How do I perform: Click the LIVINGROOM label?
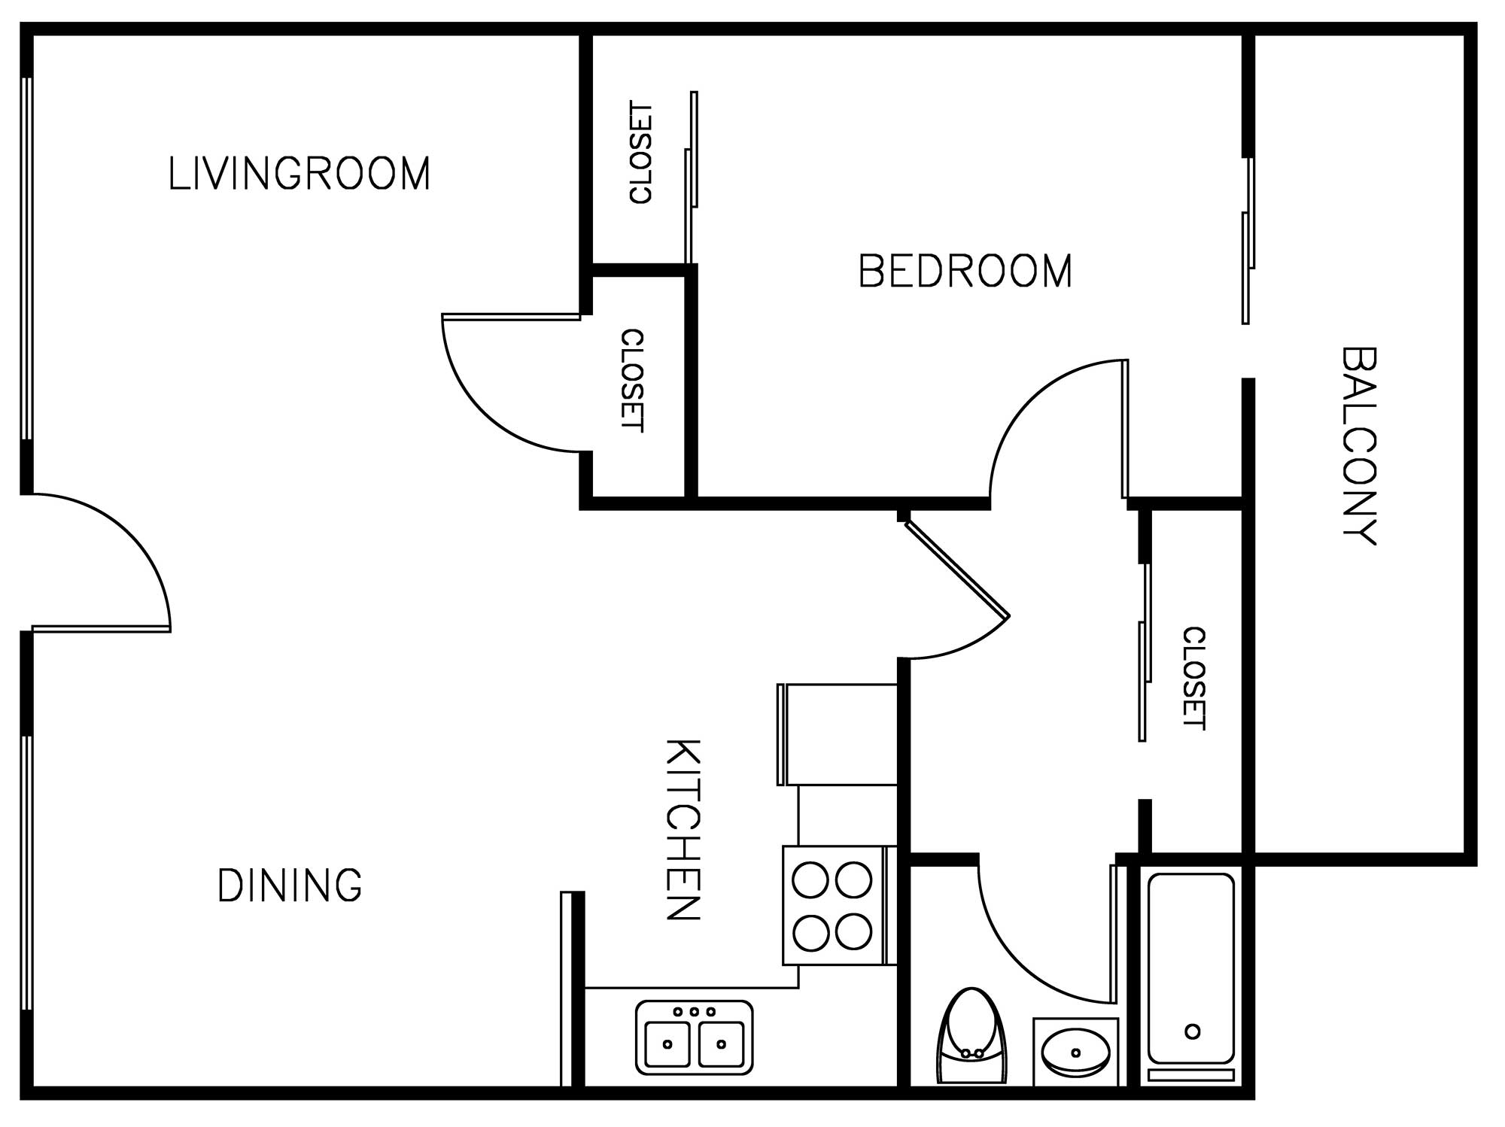coord(299,173)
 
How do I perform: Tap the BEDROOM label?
coord(965,271)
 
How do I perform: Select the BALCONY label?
coord(1359,445)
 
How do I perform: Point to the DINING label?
coord(290,885)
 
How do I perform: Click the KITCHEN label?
coord(683,830)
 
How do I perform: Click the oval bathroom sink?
coord(1076,1052)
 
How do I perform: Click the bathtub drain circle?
coord(1192,1031)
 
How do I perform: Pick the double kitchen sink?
coord(694,1037)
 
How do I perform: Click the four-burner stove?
coord(835,905)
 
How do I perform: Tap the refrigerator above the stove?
coord(837,734)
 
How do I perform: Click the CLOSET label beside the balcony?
coord(1193,679)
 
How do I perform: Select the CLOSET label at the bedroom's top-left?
coord(641,153)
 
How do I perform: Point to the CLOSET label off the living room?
coord(632,381)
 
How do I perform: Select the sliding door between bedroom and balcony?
coord(1248,241)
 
